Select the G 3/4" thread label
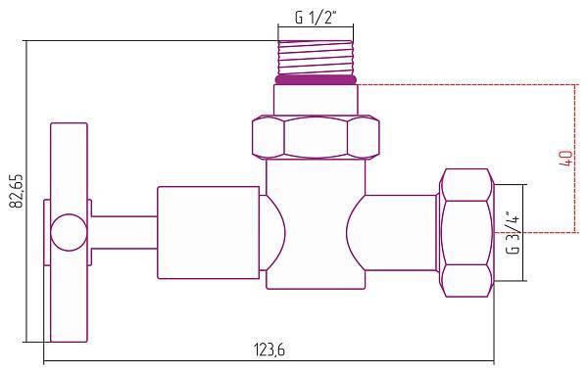(x=513, y=232)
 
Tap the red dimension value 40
(x=565, y=159)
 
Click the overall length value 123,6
(x=272, y=351)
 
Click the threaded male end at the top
(x=316, y=60)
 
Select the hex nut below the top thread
(x=315, y=137)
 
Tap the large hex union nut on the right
(x=468, y=232)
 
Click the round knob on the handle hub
(x=68, y=232)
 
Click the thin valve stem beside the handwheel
(x=122, y=232)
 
